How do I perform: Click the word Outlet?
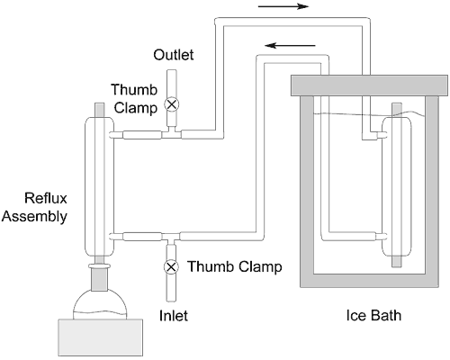[174, 55]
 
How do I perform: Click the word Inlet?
[174, 316]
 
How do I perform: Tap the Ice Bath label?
[373, 315]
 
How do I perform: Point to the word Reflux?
[46, 198]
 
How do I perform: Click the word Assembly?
[34, 217]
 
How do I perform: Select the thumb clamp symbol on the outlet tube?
[172, 104]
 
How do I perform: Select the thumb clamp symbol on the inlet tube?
[171, 266]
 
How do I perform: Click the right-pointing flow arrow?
[283, 6]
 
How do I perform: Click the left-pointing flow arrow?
[290, 46]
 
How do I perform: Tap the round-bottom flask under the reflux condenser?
[100, 303]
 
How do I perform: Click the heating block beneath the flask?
[100, 337]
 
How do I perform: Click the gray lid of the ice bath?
[369, 85]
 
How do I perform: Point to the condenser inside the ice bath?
[397, 185]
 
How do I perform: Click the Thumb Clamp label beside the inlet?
[235, 266]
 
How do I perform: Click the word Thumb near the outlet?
[134, 89]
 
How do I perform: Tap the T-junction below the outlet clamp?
[172, 133]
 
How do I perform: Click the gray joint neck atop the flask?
[99, 276]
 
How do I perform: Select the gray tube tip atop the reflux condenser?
[100, 110]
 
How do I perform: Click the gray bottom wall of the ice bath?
[369, 281]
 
